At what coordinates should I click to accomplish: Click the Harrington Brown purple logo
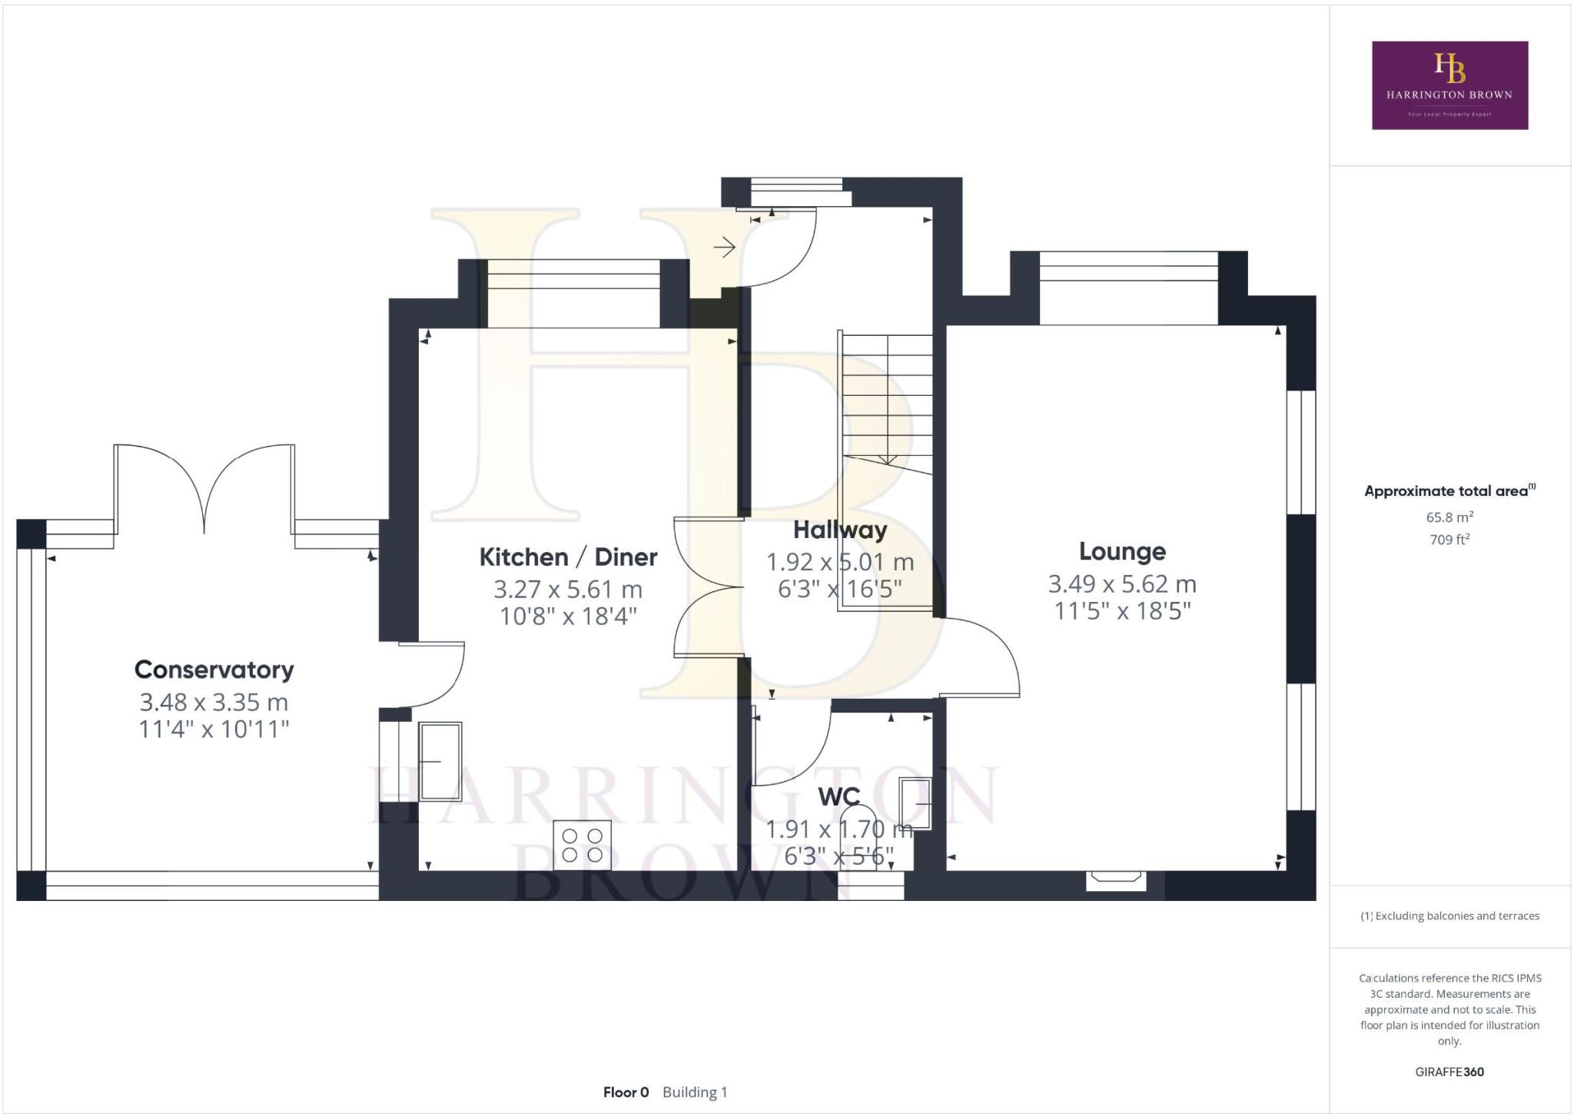[1449, 85]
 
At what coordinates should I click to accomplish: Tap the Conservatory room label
[214, 670]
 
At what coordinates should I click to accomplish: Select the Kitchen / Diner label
[568, 557]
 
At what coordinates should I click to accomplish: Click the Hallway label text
[840, 530]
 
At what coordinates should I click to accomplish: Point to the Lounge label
[1122, 551]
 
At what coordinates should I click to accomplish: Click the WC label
[838, 796]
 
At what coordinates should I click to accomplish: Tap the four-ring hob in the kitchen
[582, 845]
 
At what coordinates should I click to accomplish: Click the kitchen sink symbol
[440, 760]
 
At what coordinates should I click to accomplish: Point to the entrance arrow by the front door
[724, 248]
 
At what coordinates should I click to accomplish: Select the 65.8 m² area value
[1449, 517]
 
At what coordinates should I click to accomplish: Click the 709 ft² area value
[1449, 540]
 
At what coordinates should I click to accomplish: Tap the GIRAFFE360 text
[1449, 1072]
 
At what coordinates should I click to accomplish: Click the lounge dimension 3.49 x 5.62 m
[1122, 584]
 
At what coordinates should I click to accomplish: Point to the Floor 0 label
[626, 1092]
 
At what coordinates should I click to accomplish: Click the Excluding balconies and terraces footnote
[1450, 916]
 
